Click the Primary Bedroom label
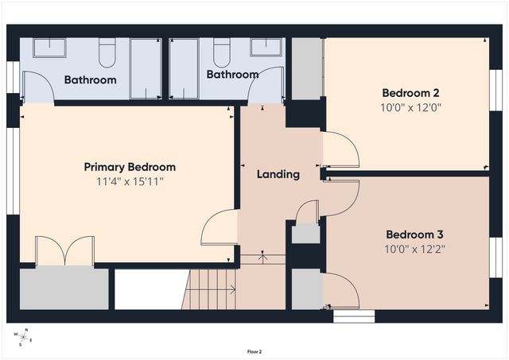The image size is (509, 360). pyautogui.click(x=130, y=167)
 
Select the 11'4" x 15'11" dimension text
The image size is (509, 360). pyautogui.click(x=130, y=182)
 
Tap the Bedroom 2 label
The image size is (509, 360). pyautogui.click(x=410, y=91)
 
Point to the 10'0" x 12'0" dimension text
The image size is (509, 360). pyautogui.click(x=410, y=106)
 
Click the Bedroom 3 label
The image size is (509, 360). pyautogui.click(x=414, y=234)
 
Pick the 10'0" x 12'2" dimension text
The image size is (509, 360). pyautogui.click(x=414, y=250)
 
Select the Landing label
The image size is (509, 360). pyautogui.click(x=278, y=174)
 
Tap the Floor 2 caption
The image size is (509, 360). pyautogui.click(x=254, y=351)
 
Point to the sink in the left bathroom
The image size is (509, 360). pyautogui.click(x=49, y=48)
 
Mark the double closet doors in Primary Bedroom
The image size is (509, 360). pyautogui.click(x=64, y=250)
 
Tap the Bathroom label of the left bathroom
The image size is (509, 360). pyautogui.click(x=90, y=79)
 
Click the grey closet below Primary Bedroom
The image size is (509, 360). pyautogui.click(x=64, y=288)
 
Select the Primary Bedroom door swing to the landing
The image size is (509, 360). pyautogui.click(x=220, y=228)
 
